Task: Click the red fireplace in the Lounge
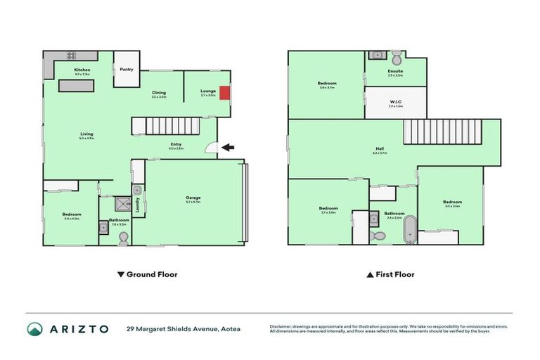(224, 92)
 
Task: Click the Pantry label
(127, 69)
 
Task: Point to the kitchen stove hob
(71, 56)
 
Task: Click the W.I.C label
(396, 102)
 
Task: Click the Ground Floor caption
(147, 274)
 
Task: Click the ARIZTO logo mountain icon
(34, 328)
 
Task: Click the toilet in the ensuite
(397, 55)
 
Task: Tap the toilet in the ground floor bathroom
(124, 239)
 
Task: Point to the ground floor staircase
(173, 127)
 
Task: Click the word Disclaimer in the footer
(283, 326)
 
